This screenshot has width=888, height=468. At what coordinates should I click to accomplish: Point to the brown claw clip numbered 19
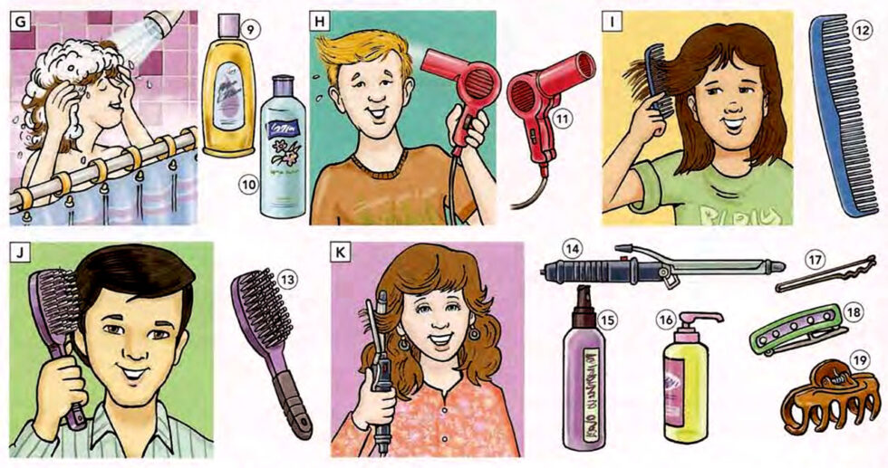pyautogui.click(x=820, y=398)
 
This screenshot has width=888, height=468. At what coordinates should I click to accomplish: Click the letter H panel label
pyautogui.click(x=320, y=21)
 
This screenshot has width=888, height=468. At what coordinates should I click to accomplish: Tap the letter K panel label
pyautogui.click(x=343, y=253)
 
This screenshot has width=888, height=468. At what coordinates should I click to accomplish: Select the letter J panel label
pyautogui.click(x=19, y=253)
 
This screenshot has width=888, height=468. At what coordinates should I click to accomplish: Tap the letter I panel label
pyautogui.click(x=613, y=21)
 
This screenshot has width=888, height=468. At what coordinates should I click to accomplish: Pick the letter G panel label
pyautogui.click(x=19, y=21)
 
